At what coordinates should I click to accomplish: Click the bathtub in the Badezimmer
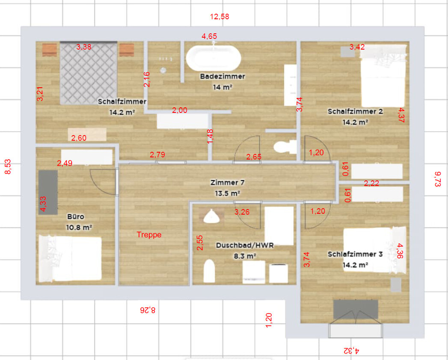(x=214, y=58)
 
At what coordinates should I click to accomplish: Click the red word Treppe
(x=149, y=235)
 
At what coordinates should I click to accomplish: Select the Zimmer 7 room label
(x=228, y=183)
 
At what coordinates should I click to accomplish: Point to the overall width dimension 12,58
(x=220, y=17)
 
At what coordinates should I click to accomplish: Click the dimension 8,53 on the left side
(x=8, y=166)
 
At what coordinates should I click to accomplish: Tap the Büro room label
(x=76, y=217)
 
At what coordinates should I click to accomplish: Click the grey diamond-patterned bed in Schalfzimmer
(x=89, y=73)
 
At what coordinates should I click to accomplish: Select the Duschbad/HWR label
(x=245, y=245)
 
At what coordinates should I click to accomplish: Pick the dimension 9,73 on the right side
(x=437, y=179)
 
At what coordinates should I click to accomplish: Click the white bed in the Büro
(x=70, y=258)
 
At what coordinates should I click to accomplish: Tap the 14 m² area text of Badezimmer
(x=222, y=87)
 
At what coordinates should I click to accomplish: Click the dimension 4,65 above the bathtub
(x=209, y=36)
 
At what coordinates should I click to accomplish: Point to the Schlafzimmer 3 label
(x=355, y=254)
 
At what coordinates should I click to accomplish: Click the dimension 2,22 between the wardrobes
(x=371, y=183)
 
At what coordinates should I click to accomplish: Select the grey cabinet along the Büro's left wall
(x=48, y=192)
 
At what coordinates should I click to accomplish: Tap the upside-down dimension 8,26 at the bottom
(x=148, y=310)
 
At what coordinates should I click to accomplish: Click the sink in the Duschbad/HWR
(x=211, y=216)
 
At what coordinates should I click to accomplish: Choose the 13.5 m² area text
(x=228, y=193)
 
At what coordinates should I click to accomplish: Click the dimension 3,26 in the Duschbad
(x=242, y=212)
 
